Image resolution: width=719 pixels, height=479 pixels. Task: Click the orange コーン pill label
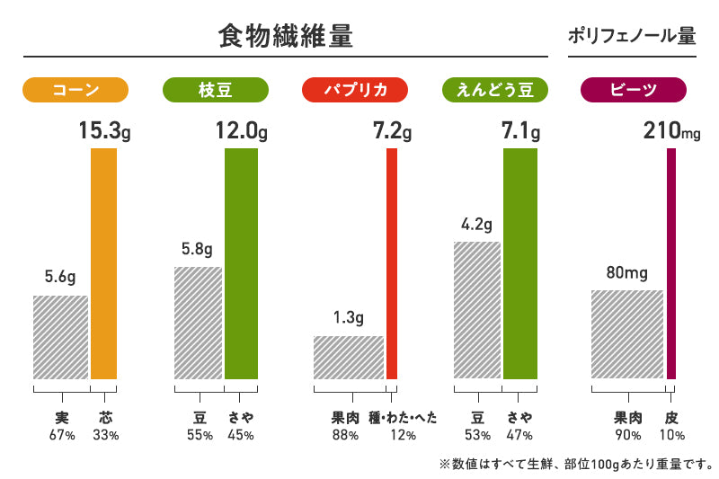[x=75, y=89]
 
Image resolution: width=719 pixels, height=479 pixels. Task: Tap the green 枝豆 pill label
[x=216, y=89]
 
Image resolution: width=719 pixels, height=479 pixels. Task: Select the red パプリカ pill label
[x=355, y=89]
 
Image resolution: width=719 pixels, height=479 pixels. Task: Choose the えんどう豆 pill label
[x=495, y=89]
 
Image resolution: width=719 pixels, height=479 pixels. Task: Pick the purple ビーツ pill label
[x=634, y=89]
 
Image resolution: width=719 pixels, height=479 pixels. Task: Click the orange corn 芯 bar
[x=104, y=263]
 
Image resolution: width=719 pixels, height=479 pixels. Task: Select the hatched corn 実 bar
[x=60, y=337]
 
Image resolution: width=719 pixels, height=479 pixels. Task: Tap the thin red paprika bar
[x=392, y=263]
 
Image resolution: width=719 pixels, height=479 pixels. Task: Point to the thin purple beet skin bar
[x=670, y=263]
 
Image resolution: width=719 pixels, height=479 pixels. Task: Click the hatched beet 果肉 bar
[x=626, y=334]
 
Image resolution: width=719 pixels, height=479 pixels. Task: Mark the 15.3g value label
[x=104, y=132]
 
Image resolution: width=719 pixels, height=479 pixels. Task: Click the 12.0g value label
[x=241, y=132]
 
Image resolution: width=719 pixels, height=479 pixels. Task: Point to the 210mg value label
[x=671, y=132]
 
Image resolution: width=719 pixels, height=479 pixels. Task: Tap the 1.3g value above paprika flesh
[x=348, y=317]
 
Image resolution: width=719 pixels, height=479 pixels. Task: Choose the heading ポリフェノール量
[x=632, y=37]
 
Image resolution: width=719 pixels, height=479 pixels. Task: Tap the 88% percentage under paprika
[x=345, y=436]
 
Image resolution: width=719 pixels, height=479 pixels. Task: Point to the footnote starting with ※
[x=575, y=465]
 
